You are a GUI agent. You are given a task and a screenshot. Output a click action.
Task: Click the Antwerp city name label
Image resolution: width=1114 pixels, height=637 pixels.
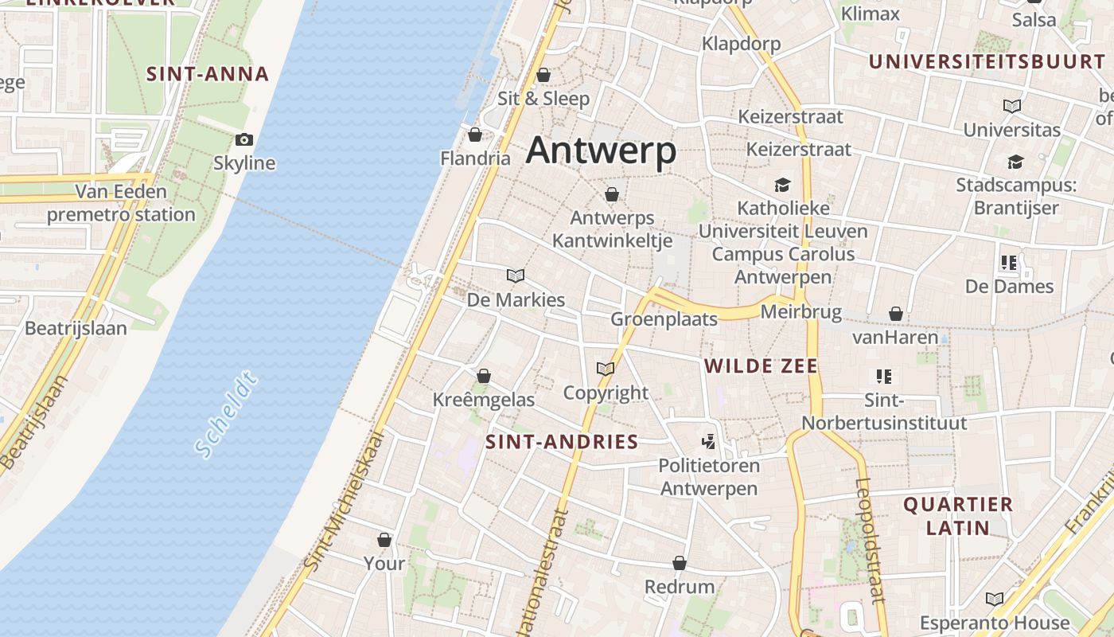[601, 150]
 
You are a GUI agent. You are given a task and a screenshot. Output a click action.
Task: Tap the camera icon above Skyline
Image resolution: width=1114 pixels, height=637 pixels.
[244, 140]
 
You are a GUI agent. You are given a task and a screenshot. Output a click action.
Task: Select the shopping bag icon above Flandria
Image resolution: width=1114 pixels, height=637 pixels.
[475, 135]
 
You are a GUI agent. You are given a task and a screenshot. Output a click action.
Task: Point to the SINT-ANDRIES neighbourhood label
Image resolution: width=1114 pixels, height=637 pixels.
[562, 442]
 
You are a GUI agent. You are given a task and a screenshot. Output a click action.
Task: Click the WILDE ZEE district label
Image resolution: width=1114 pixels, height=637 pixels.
[761, 366]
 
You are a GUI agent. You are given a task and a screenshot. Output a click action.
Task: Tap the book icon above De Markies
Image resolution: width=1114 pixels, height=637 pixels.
[516, 276]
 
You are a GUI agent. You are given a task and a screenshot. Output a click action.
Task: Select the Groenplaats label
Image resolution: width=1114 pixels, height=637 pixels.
[664, 319]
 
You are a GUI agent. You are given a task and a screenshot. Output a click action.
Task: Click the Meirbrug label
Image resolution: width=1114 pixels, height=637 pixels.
[800, 311]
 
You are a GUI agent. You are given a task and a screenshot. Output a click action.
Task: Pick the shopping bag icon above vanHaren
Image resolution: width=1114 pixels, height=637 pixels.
[895, 315]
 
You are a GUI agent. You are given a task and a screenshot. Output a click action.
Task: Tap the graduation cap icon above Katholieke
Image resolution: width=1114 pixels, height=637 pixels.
[782, 186]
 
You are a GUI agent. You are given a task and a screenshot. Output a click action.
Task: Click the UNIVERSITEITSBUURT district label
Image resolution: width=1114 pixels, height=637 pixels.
[987, 62]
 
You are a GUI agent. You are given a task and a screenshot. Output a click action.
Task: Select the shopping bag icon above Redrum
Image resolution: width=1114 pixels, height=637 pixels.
[679, 564]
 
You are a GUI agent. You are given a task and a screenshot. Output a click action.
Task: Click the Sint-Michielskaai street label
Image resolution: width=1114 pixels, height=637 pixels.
[345, 501]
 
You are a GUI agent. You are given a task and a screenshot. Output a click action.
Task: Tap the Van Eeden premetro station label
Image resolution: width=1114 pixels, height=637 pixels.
[121, 203]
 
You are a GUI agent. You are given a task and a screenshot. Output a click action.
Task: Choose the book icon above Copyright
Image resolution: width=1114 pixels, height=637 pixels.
[606, 369]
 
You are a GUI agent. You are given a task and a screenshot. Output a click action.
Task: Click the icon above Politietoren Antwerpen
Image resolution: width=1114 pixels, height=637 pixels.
[708, 441]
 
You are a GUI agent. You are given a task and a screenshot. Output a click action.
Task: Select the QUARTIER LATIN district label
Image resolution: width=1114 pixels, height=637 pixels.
[958, 515]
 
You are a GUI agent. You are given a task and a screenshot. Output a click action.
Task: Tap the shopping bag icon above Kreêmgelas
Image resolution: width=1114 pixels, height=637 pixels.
[483, 376]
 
